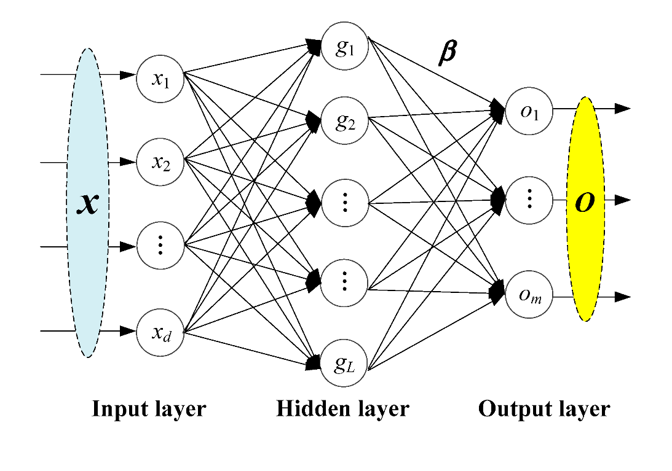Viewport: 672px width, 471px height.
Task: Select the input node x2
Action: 160,163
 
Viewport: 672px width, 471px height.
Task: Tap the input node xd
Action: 160,333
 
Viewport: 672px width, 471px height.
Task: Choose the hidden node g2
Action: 344,122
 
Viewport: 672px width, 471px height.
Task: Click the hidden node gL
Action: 344,365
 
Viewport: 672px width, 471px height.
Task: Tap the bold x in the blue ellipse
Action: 88,203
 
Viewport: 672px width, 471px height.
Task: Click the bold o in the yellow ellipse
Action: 584,202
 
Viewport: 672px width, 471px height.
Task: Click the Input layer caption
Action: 149,409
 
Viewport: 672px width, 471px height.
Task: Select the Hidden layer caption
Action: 342,409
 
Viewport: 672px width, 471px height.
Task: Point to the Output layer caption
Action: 544,409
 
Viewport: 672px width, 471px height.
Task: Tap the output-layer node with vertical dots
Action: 529,200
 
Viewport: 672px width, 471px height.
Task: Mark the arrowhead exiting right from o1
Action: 622,109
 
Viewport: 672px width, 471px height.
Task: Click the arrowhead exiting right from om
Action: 622,297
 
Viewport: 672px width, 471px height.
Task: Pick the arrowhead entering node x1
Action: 128,75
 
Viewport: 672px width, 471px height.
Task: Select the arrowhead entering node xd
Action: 128,331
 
